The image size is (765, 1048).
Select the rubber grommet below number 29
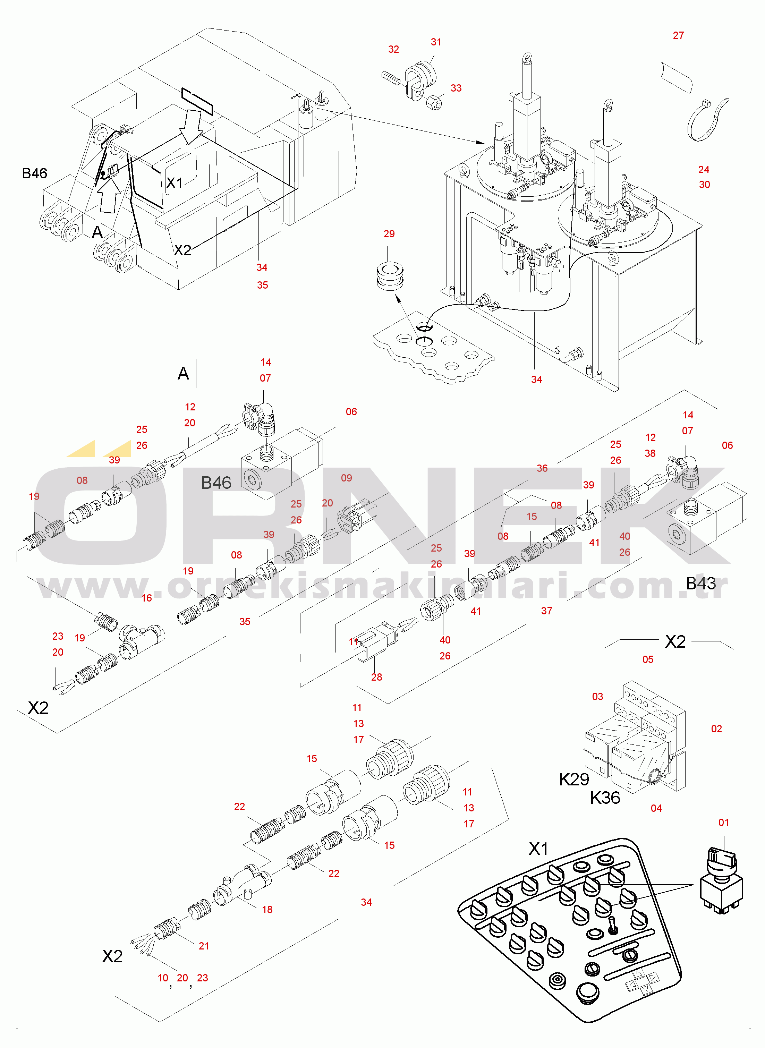[389, 276]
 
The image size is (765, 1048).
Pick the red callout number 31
[436, 42]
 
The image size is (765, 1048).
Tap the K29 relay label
[574, 779]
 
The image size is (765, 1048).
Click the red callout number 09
[346, 478]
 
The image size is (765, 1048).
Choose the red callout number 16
[146, 598]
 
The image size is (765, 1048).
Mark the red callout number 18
[267, 910]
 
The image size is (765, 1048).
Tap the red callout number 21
[204, 946]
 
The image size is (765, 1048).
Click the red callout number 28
[376, 677]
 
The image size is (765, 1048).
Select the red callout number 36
[542, 468]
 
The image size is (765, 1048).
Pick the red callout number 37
[546, 611]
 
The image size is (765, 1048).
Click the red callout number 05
[648, 659]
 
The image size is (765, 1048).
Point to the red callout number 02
[716, 729]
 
